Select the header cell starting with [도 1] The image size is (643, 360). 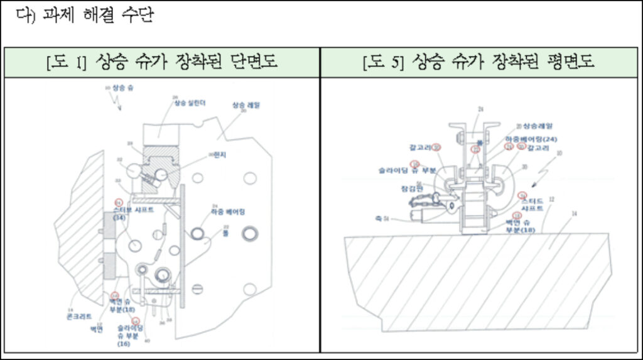[162, 62]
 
